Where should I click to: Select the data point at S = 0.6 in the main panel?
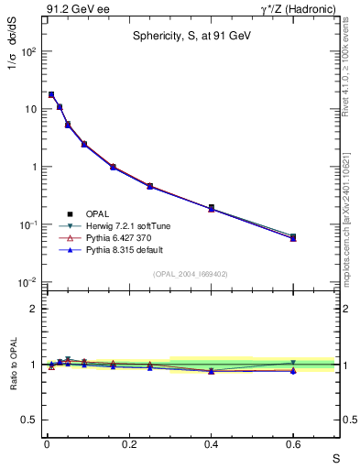coord(293,237)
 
